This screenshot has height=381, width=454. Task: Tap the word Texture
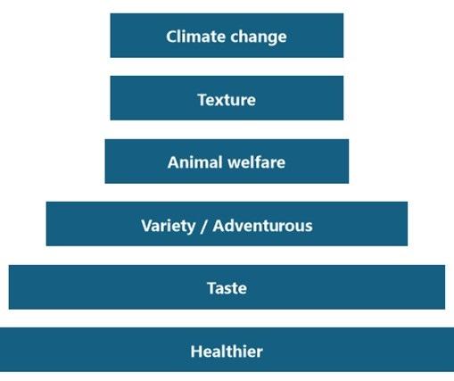227,99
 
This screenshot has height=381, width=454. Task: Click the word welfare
253,162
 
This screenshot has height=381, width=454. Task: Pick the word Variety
168,225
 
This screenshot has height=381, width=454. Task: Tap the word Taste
227,288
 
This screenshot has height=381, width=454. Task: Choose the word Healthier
227,352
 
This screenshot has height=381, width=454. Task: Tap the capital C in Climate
171,37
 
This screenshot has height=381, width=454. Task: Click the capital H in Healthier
195,352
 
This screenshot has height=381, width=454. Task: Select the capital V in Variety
146,225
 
